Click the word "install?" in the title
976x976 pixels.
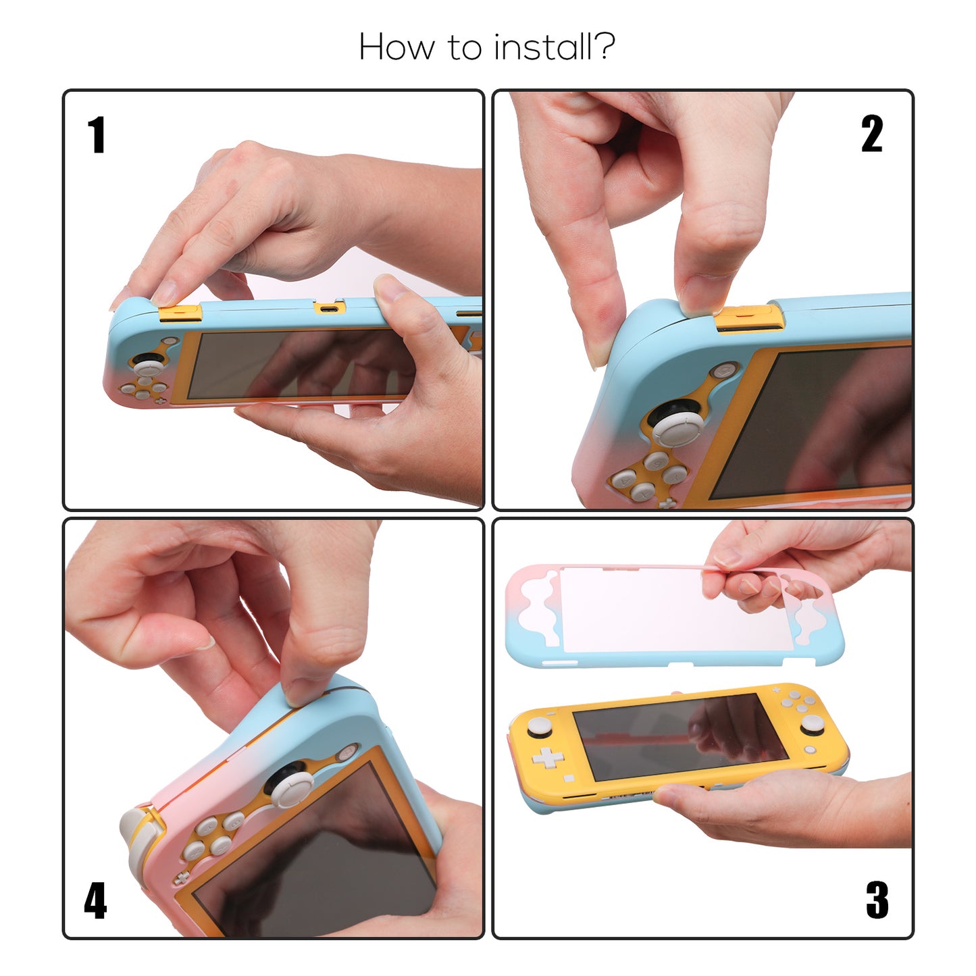click(x=554, y=47)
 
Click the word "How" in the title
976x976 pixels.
click(x=396, y=47)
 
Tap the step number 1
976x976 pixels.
click(x=97, y=134)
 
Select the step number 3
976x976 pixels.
click(x=877, y=900)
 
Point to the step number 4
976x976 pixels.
click(x=95, y=900)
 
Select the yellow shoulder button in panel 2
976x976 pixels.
click(x=750, y=318)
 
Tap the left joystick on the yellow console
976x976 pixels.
click(x=540, y=727)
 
